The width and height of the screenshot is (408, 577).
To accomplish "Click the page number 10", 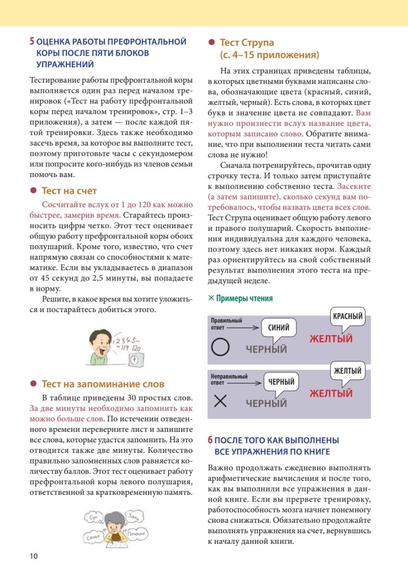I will pyautogui.click(x=33, y=556).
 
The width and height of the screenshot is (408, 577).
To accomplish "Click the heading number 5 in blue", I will pyautogui.click(x=32, y=42).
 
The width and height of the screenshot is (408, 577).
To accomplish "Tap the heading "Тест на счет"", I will pyautogui.click(x=69, y=191).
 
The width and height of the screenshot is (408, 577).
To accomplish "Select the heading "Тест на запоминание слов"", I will pyautogui.click(x=103, y=384).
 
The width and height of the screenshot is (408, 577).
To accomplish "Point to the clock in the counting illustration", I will pyautogui.click(x=136, y=359).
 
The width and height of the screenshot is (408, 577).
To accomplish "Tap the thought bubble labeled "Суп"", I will pyautogui.click(x=94, y=517).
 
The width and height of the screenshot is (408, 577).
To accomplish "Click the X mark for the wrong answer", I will pyautogui.click(x=220, y=401).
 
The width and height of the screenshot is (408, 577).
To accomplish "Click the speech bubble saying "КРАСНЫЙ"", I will pyautogui.click(x=347, y=317).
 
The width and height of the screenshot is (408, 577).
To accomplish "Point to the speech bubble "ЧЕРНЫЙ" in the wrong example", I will pyautogui.click(x=281, y=382).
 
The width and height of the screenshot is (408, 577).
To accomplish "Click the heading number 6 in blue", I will pyautogui.click(x=210, y=440).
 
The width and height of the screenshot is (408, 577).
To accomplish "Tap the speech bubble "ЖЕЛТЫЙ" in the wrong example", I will pyautogui.click(x=347, y=371).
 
